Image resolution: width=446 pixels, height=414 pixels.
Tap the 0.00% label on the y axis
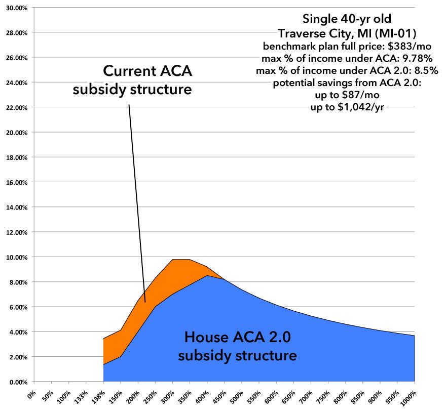click(15, 382)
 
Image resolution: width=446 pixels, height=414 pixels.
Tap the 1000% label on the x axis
click(409, 397)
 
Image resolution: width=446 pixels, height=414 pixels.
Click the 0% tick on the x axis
click(33, 394)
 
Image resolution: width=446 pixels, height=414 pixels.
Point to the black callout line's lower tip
click(145, 302)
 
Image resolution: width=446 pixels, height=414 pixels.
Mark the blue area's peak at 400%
click(206, 276)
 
